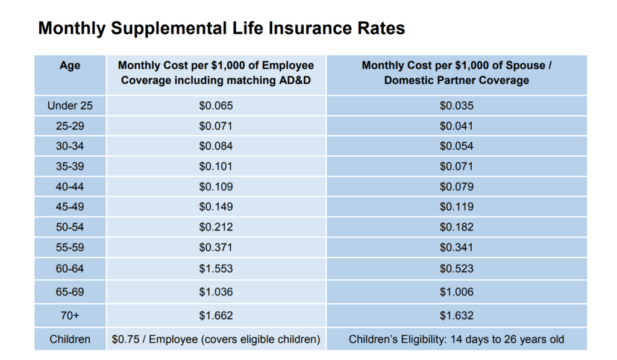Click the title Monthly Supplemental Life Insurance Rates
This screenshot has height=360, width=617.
point(221,28)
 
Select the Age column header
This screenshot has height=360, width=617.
point(70,66)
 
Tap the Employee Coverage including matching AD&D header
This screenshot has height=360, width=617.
point(216,73)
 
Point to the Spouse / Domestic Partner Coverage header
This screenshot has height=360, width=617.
point(456,73)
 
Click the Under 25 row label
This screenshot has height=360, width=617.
point(70,106)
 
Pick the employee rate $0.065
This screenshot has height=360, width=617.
point(216,106)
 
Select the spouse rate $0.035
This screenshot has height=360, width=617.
point(456,106)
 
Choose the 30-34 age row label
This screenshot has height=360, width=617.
point(70,147)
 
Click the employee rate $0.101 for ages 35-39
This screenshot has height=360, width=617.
point(216,166)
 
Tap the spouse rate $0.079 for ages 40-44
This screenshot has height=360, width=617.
point(456,187)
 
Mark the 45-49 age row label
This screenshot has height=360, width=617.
point(70,207)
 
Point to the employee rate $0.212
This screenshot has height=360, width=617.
point(216,227)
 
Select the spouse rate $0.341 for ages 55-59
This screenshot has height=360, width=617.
point(456,248)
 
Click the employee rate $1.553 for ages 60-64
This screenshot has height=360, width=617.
point(216,268)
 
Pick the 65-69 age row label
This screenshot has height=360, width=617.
point(70,292)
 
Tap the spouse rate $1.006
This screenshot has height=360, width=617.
point(456,292)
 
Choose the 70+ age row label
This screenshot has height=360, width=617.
point(70,315)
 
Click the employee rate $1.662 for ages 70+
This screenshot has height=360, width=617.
point(216,315)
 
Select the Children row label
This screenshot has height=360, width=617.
point(70,339)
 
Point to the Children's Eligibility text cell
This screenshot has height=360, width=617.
point(456,339)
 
